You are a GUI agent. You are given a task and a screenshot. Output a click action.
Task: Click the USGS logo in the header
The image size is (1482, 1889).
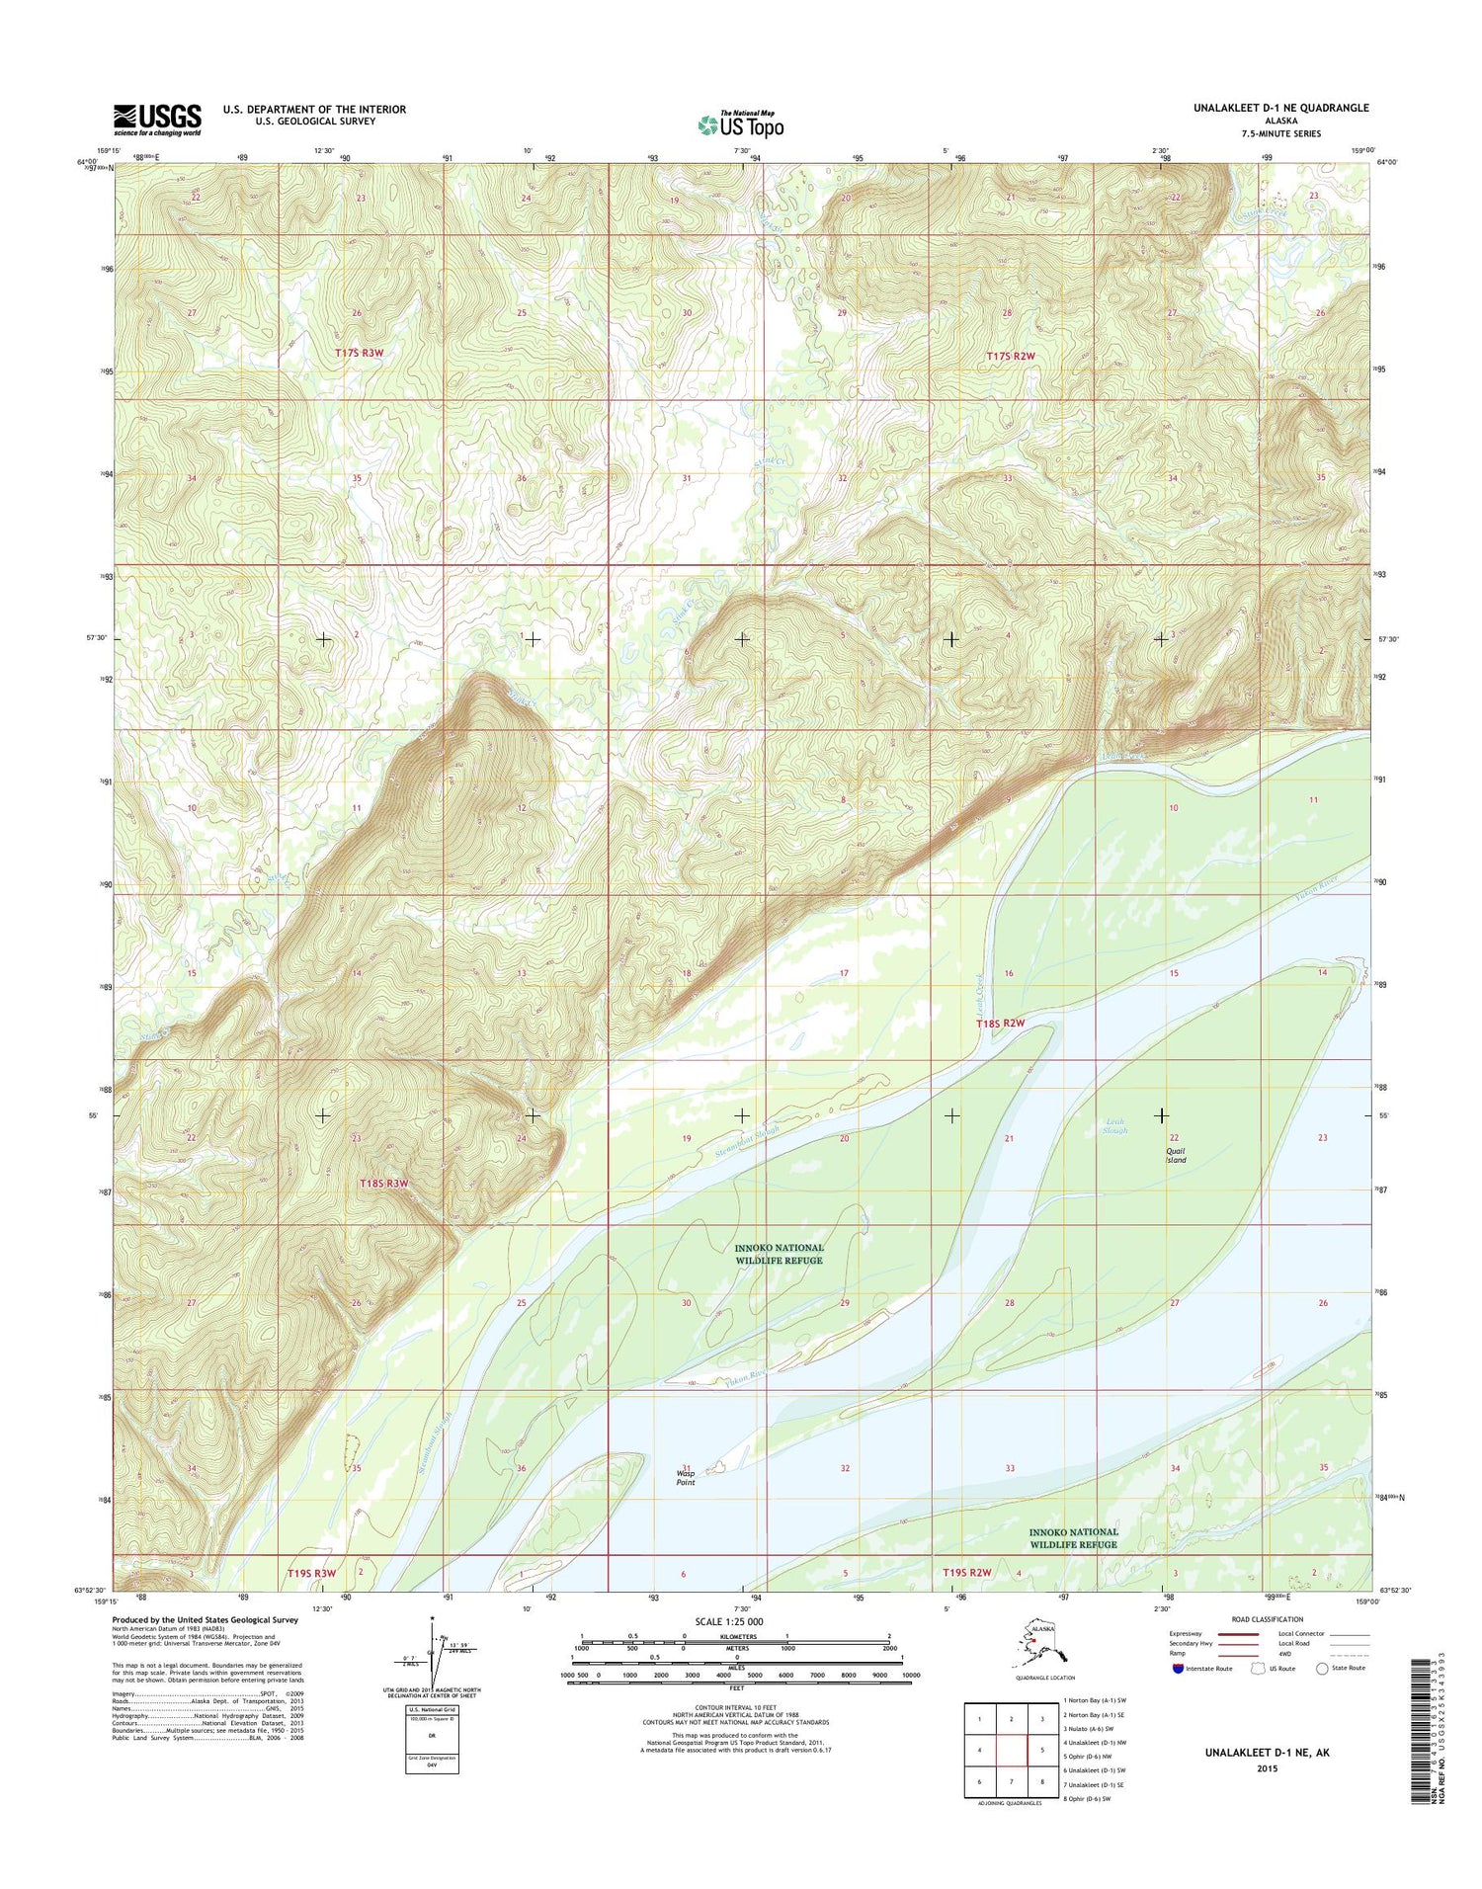click(157, 120)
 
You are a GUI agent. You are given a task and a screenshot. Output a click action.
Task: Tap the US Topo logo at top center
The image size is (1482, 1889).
click(741, 124)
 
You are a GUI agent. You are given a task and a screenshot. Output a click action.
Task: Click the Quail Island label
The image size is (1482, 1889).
click(1176, 1155)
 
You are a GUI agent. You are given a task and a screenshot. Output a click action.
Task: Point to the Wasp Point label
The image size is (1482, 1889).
click(686, 1478)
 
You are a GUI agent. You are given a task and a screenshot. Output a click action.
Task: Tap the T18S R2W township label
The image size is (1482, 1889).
click(1000, 1025)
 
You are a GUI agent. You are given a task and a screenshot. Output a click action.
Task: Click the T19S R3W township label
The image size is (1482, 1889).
click(311, 1573)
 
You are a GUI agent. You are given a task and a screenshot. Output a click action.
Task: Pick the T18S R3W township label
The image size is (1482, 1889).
click(384, 1183)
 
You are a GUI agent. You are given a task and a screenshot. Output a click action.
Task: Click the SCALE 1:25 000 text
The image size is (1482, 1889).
click(729, 1622)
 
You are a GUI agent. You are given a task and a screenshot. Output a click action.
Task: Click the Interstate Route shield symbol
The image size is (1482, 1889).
click(1177, 1668)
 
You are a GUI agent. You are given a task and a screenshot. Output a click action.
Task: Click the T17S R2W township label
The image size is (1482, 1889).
click(1011, 355)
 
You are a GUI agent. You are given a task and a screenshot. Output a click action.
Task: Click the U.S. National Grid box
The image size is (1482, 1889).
click(432, 1736)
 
